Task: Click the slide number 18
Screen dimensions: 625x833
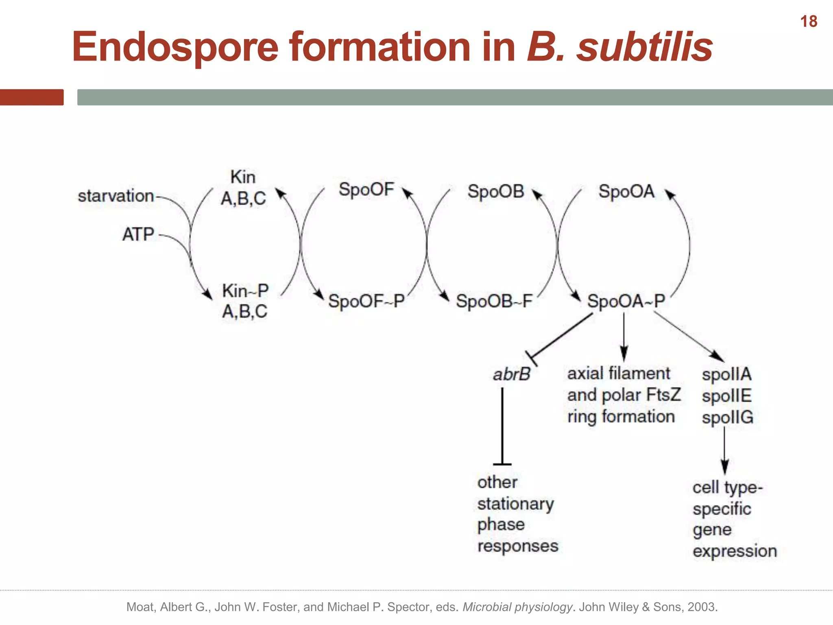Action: click(809, 22)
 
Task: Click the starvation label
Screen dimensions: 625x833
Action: click(116, 196)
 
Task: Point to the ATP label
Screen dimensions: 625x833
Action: click(138, 234)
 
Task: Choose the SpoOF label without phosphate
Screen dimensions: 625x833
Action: click(366, 190)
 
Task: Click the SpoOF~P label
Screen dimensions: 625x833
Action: click(366, 302)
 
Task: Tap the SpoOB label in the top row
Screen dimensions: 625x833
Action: click(496, 191)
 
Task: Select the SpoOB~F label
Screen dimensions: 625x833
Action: click(494, 302)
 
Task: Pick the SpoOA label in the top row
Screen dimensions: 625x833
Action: click(626, 191)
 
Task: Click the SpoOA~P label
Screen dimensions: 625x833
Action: click(626, 302)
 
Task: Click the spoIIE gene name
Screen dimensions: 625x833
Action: click(726, 396)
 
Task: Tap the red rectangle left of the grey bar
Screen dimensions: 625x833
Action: click(32, 97)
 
